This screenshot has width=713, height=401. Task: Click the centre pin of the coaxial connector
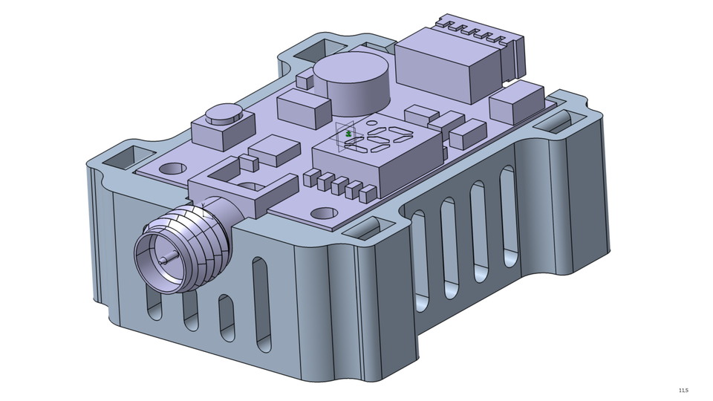pyautogui.click(x=163, y=260)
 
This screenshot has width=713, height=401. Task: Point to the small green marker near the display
pyautogui.click(x=349, y=134)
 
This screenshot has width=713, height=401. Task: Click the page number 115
pyautogui.click(x=683, y=391)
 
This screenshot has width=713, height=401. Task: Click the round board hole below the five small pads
pyautogui.click(x=322, y=214)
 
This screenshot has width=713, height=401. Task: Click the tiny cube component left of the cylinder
pyautogui.click(x=305, y=80)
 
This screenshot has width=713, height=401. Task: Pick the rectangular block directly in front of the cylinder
pyautogui.click(x=304, y=108)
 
